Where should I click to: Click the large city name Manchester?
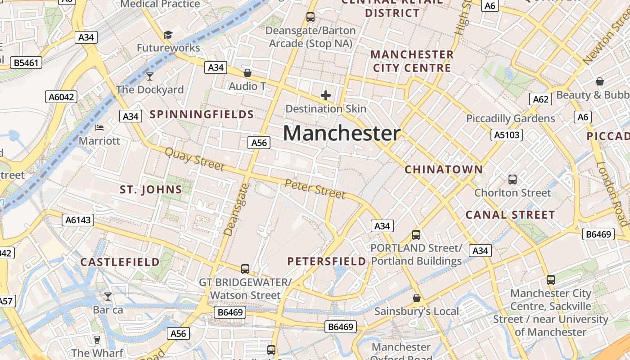(x=342, y=134)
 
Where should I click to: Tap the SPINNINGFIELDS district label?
(x=202, y=114)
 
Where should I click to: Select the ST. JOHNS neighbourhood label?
(x=151, y=189)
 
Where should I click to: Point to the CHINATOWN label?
(x=443, y=170)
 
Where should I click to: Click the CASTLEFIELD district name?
(x=120, y=262)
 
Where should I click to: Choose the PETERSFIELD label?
(x=327, y=261)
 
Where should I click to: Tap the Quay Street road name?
(x=194, y=159)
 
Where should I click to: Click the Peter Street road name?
(x=315, y=188)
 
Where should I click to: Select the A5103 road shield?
(x=507, y=135)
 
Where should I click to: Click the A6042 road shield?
(x=61, y=97)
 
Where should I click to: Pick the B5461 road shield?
(x=26, y=63)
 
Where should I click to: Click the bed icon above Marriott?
(x=99, y=128)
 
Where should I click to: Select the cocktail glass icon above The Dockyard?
(x=150, y=76)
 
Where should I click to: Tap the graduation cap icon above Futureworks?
(x=168, y=35)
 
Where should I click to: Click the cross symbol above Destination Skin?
(x=325, y=95)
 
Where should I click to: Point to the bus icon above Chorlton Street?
(x=512, y=180)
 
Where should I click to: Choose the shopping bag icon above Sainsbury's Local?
(x=417, y=298)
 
